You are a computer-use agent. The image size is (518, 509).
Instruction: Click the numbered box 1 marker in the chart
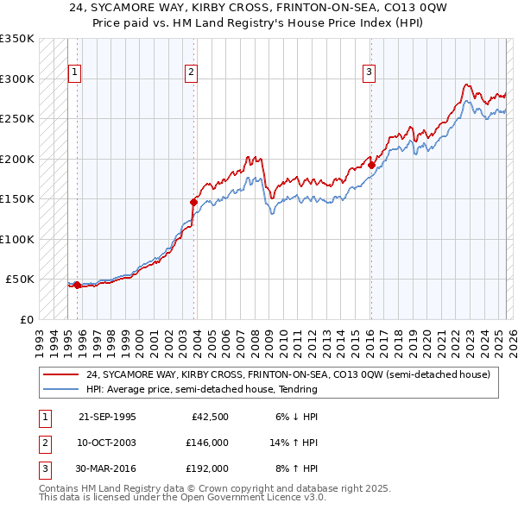[76, 72]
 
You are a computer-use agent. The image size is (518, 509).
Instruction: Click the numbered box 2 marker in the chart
[191, 72]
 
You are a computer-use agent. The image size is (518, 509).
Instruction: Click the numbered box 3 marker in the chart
[369, 72]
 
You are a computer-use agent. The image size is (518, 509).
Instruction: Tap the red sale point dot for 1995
[77, 285]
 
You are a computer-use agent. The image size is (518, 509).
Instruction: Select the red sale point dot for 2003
[193, 202]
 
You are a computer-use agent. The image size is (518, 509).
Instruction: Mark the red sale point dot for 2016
[371, 165]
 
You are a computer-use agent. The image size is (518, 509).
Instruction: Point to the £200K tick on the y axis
[17, 159]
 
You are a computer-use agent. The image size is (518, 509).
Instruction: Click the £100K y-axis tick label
[17, 239]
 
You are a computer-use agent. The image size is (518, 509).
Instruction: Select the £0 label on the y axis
[27, 319]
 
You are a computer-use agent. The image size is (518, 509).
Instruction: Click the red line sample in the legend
[61, 375]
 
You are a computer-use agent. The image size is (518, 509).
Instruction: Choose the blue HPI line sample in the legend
[61, 389]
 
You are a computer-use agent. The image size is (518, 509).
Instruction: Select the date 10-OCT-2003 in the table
[107, 443]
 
